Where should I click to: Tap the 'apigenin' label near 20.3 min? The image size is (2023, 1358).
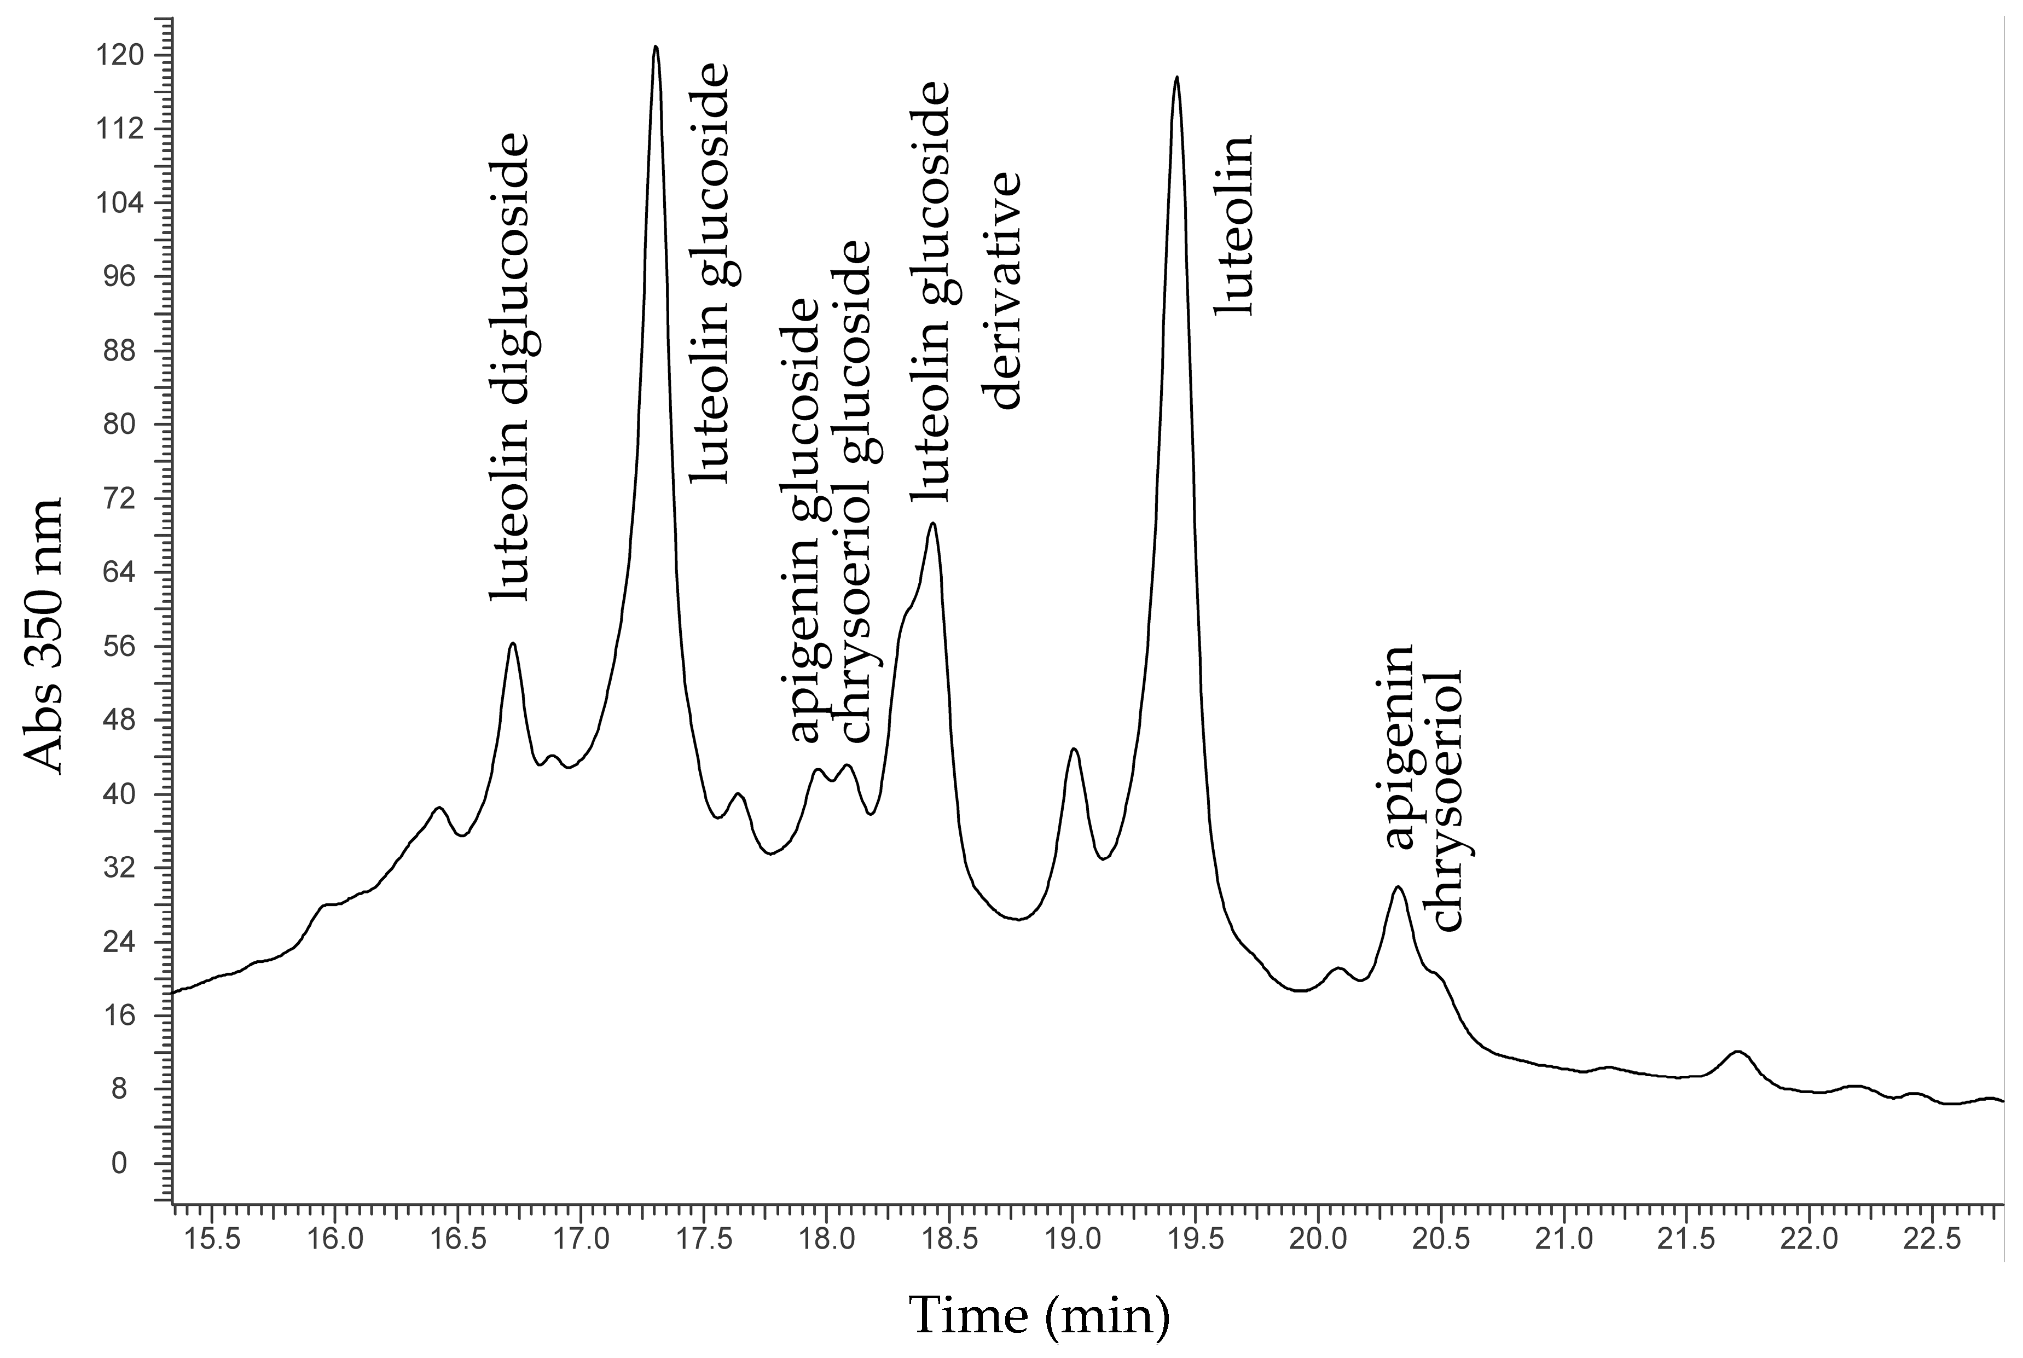pyautogui.click(x=1398, y=746)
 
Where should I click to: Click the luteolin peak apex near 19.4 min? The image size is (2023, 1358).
pyautogui.click(x=1175, y=78)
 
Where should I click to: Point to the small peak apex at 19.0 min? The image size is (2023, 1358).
pyautogui.click(x=1074, y=749)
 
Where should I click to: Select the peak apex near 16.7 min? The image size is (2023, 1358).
pyautogui.click(x=513, y=643)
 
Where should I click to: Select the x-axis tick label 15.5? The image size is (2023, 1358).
pyautogui.click(x=212, y=1240)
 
